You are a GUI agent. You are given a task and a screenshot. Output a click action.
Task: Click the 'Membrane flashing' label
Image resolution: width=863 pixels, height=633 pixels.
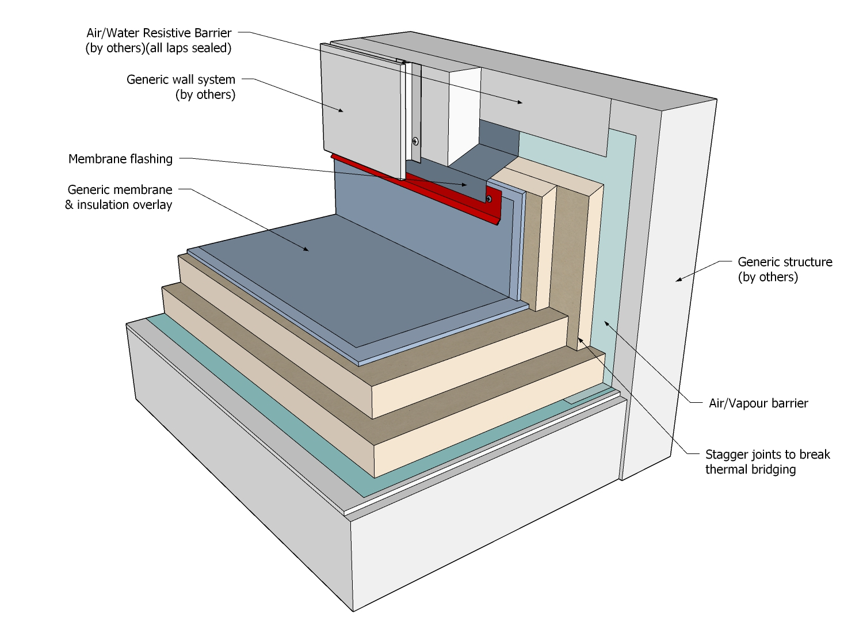(x=120, y=159)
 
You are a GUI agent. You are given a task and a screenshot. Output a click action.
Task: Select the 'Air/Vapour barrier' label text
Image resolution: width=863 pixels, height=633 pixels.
(x=758, y=403)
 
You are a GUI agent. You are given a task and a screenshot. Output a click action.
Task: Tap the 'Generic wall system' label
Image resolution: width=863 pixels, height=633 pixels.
(x=181, y=80)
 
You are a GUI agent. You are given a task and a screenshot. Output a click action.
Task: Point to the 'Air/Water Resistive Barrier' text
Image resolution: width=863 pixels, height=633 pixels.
(x=159, y=33)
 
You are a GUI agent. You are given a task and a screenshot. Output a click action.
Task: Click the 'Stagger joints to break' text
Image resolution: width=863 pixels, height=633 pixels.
(x=767, y=455)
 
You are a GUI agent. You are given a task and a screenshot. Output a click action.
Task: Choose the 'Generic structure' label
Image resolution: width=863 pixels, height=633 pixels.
(x=785, y=262)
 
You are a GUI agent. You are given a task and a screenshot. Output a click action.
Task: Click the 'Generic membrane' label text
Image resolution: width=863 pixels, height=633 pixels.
(x=120, y=190)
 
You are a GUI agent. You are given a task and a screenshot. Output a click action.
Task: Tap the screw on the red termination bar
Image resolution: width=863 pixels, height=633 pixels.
(x=488, y=199)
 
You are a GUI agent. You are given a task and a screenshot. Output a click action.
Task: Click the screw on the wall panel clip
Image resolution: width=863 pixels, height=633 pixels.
(x=415, y=140)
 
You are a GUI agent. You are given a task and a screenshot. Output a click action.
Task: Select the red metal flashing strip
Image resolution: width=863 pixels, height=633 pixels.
(x=437, y=193)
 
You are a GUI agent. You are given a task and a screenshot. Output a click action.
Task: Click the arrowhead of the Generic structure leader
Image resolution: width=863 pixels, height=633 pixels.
(x=678, y=280)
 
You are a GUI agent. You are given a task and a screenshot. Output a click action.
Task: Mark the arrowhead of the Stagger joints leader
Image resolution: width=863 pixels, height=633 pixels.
(x=579, y=340)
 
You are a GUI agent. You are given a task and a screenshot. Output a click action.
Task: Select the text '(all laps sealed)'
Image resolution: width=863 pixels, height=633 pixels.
(x=189, y=48)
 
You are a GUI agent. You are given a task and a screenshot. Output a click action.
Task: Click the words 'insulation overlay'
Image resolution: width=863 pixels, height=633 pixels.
(x=124, y=205)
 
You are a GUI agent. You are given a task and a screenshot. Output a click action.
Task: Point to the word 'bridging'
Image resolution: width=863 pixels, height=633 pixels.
(x=773, y=470)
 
